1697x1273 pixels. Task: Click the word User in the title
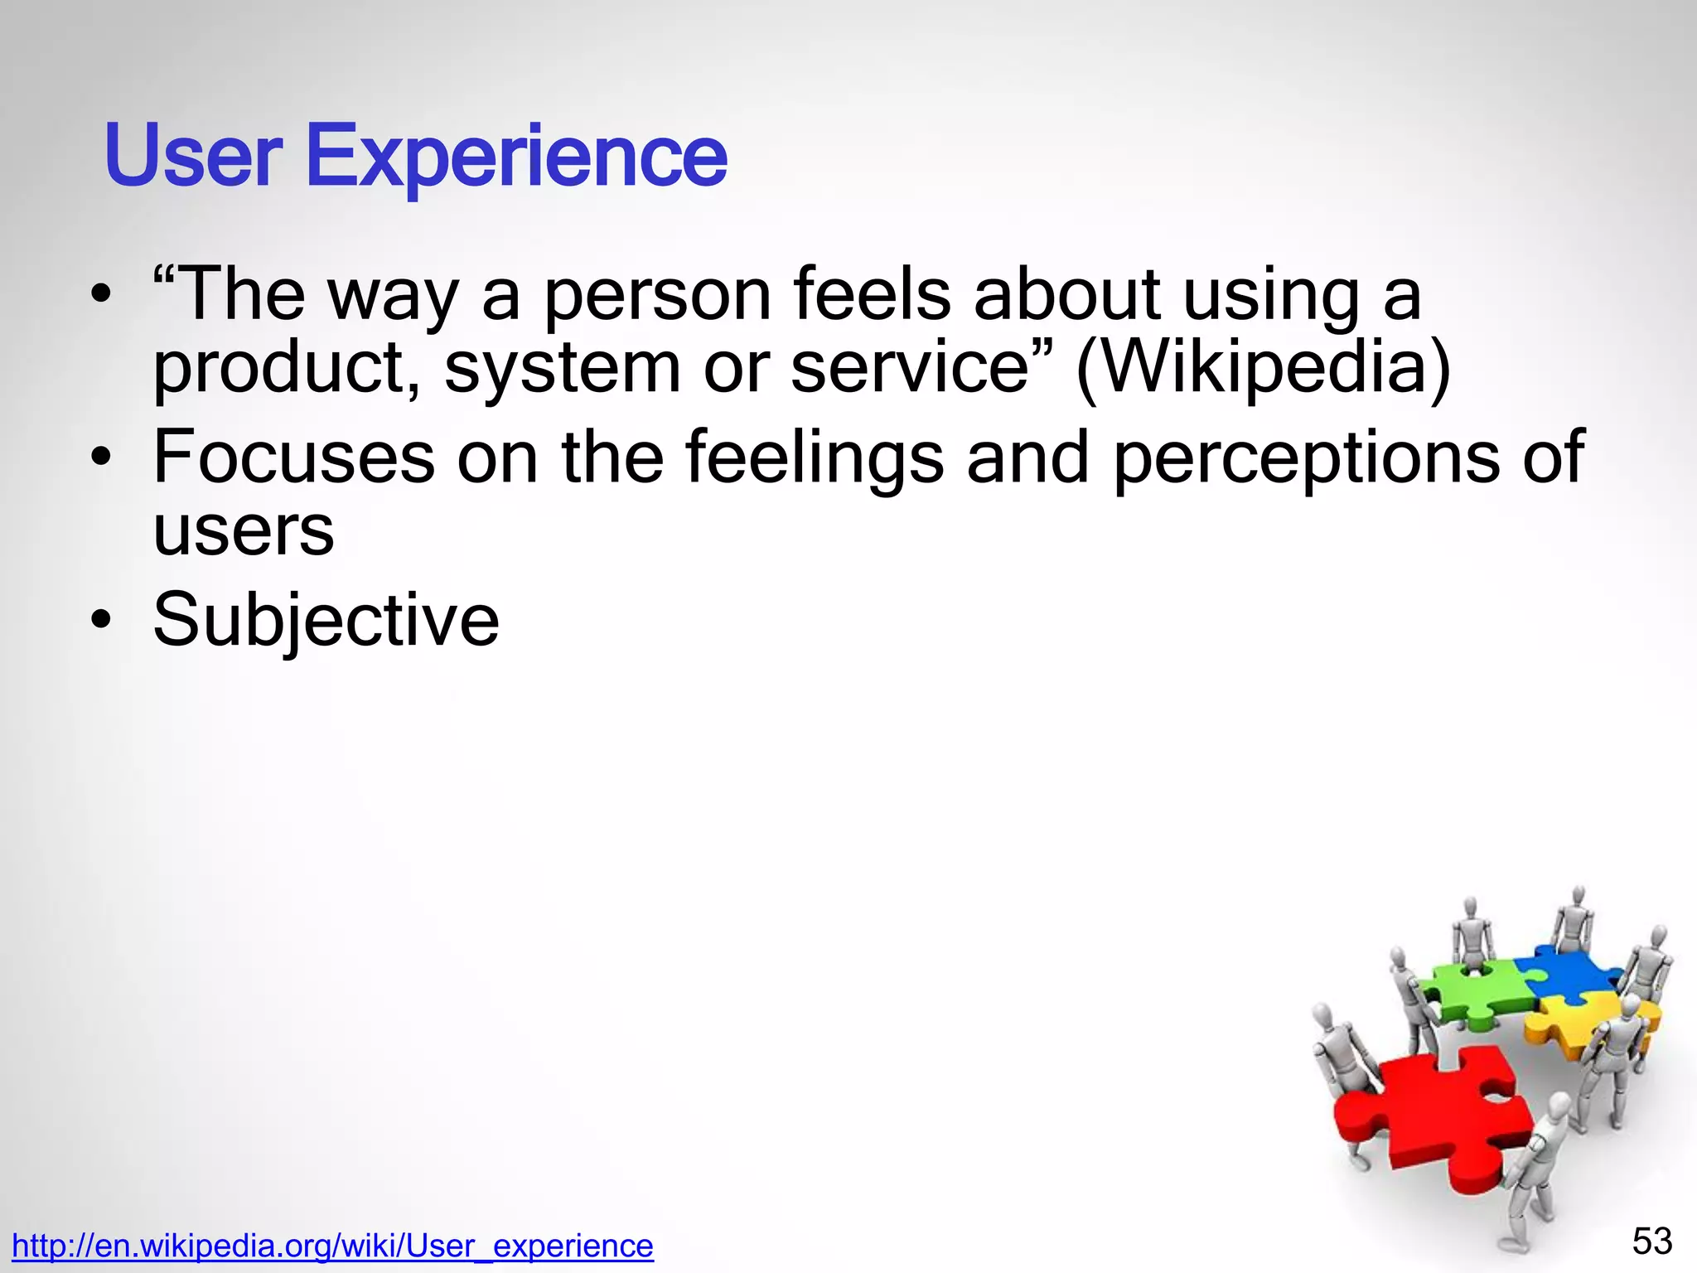coord(193,156)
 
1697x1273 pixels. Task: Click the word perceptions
coord(1306,458)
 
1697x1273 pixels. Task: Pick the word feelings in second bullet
coord(815,458)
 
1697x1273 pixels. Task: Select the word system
coord(562,369)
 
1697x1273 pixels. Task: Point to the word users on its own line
coord(244,531)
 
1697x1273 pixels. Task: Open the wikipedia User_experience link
coord(332,1246)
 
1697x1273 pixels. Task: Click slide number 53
coord(1652,1242)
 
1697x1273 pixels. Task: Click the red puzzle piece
coord(1434,1111)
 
